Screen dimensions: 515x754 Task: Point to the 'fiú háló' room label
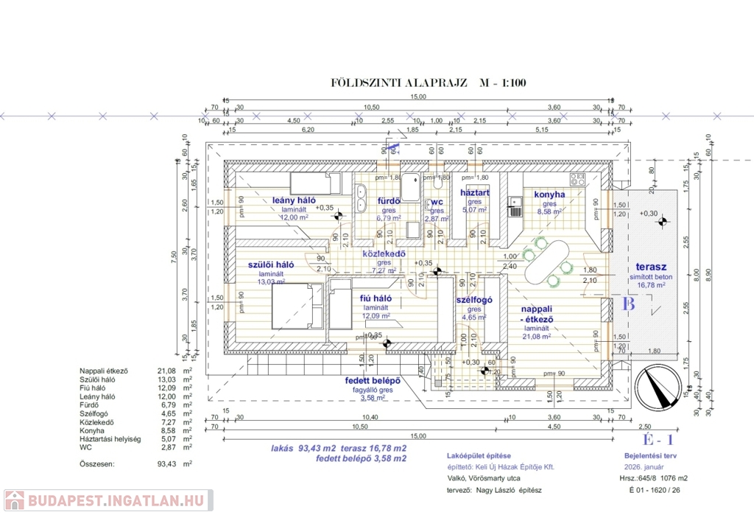(x=376, y=298)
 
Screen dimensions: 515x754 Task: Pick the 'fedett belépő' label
(x=373, y=381)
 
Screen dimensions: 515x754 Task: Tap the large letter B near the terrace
(x=629, y=303)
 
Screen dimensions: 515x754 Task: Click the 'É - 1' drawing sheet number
(x=658, y=441)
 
